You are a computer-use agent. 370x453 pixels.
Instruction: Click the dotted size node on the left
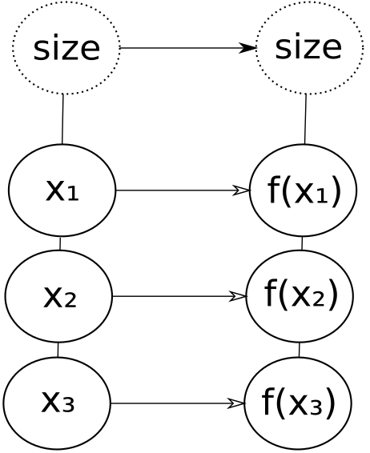[x=66, y=48]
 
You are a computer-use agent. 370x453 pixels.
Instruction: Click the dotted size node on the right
[x=309, y=48]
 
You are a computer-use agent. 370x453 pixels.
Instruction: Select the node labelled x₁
[x=62, y=190]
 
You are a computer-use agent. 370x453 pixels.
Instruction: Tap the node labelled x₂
[x=58, y=296]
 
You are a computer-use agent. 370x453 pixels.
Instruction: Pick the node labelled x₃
[x=57, y=403]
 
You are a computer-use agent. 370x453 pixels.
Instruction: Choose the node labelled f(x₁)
[x=304, y=190]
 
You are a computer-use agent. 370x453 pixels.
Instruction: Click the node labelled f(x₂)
[x=300, y=296]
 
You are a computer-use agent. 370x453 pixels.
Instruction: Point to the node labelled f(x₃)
[x=298, y=403]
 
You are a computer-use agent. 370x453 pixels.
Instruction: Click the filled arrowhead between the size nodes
[x=247, y=48]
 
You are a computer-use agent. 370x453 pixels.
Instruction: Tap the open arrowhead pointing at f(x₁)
[x=241, y=190]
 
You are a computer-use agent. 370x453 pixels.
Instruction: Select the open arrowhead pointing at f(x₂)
[x=238, y=296]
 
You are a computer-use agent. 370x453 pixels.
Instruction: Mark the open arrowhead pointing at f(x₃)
[x=236, y=403]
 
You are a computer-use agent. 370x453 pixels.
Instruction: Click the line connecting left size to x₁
[x=62, y=119]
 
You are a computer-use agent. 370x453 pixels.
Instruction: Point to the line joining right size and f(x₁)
[x=305, y=119]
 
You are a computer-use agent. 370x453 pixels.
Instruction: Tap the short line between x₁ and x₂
[x=60, y=243]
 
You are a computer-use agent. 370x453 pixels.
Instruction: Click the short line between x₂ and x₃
[x=58, y=350]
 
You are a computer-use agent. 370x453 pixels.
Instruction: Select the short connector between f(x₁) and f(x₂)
[x=302, y=243]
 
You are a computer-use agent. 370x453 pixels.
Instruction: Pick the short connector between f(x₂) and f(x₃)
[x=300, y=350]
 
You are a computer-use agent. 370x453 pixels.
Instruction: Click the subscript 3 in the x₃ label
[x=68, y=404]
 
